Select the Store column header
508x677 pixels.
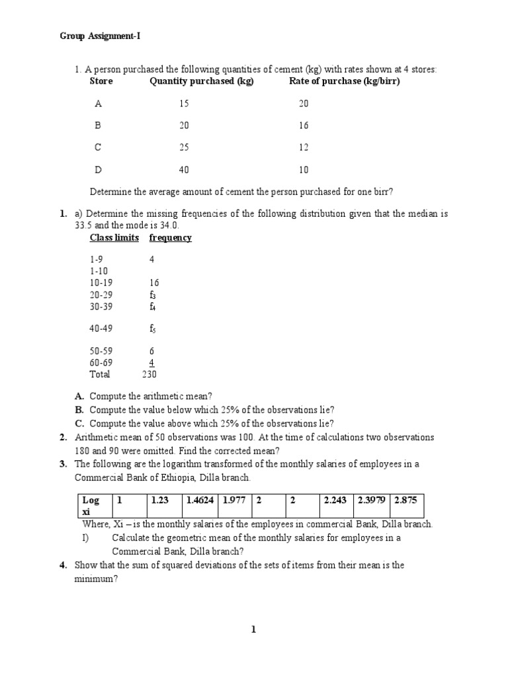point(101,81)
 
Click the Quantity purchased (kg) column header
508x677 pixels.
point(202,81)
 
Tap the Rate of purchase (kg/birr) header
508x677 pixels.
point(345,81)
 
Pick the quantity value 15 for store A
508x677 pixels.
point(184,104)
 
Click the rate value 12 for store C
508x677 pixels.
point(304,147)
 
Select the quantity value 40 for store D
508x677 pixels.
point(184,170)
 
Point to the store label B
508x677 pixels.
point(99,126)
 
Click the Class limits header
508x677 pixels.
point(115,238)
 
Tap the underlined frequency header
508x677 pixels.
point(171,238)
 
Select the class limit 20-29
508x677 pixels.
point(102,294)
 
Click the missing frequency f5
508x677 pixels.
point(152,328)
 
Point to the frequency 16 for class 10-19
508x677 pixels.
point(154,283)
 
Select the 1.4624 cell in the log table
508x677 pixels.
point(200,501)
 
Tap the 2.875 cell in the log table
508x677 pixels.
point(406,501)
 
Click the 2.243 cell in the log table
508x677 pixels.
point(336,501)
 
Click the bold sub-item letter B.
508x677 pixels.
point(79,410)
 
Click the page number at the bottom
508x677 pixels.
point(253,630)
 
